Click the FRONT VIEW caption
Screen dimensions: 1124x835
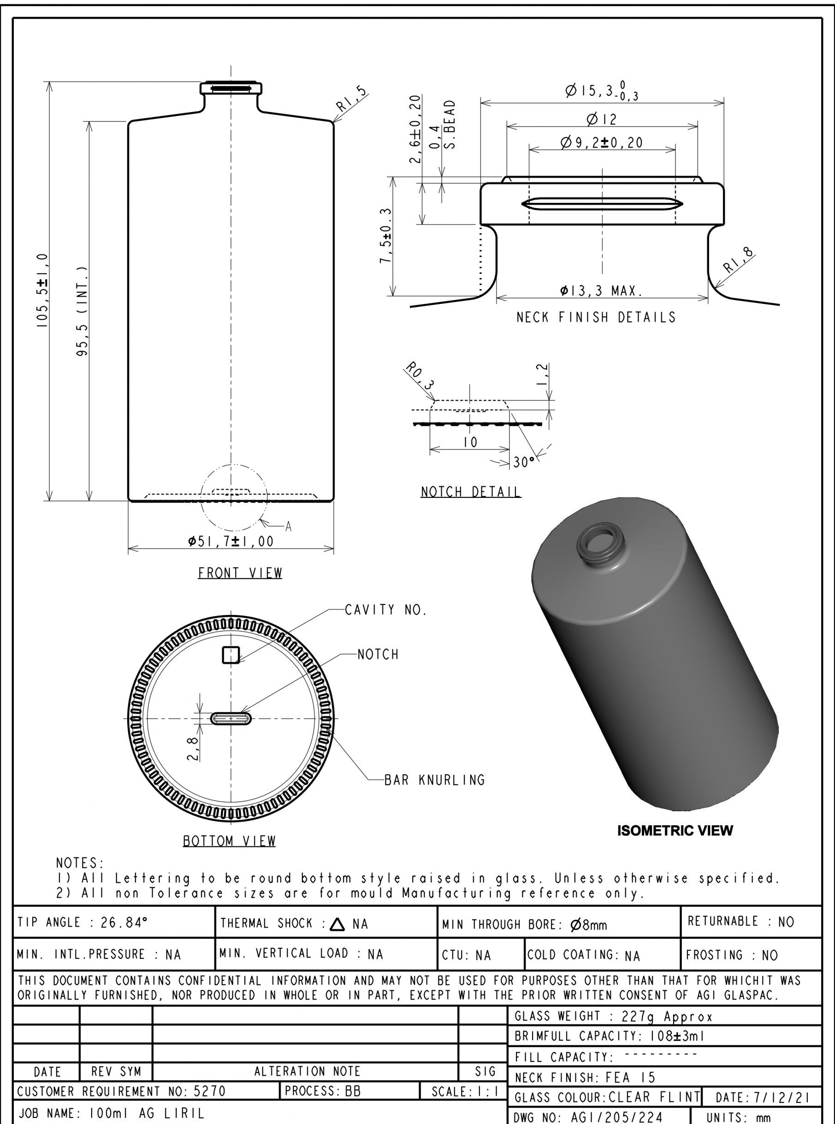coord(240,573)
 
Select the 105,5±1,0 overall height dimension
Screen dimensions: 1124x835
coord(42,290)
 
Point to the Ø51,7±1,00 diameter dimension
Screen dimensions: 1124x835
coord(231,542)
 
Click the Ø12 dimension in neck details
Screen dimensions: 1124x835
coord(602,120)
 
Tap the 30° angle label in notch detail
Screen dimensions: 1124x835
coord(523,462)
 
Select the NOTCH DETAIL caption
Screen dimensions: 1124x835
coord(471,492)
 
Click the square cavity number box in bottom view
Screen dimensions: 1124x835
coord(231,655)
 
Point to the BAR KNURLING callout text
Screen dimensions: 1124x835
coord(435,780)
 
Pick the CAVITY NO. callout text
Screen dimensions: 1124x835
coord(386,610)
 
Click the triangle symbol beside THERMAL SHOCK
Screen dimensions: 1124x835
coord(337,924)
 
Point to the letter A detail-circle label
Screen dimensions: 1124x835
coord(288,527)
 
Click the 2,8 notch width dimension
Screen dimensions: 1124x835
coord(192,748)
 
